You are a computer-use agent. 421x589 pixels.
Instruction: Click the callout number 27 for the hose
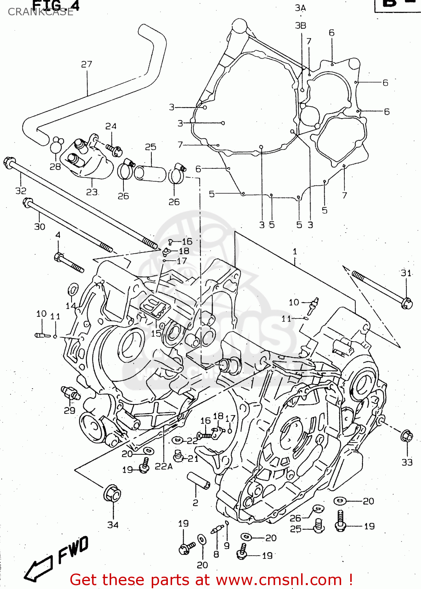click(x=86, y=64)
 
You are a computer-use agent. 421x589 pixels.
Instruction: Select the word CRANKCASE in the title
click(x=40, y=12)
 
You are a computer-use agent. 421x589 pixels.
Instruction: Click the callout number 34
click(x=113, y=525)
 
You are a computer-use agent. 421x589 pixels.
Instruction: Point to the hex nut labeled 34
click(x=112, y=494)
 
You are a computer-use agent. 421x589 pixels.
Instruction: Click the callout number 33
click(x=407, y=462)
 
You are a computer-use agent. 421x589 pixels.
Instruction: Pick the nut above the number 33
click(x=406, y=436)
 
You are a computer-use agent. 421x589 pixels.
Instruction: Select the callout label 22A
click(x=164, y=466)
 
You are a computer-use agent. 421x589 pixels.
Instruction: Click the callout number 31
click(x=406, y=273)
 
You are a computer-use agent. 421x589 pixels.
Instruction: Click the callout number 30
click(x=40, y=227)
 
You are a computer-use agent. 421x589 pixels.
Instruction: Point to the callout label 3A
click(x=300, y=8)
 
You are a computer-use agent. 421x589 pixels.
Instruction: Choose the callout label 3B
click(x=300, y=26)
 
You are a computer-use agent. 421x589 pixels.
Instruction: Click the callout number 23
click(x=92, y=192)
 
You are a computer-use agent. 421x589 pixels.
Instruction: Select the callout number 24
click(x=111, y=126)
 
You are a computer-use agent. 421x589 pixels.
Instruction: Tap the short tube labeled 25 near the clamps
click(x=151, y=173)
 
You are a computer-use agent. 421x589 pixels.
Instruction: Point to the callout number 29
click(x=70, y=410)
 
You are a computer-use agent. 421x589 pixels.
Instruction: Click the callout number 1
click(x=295, y=251)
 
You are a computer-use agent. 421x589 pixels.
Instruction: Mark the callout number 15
click(x=156, y=333)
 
